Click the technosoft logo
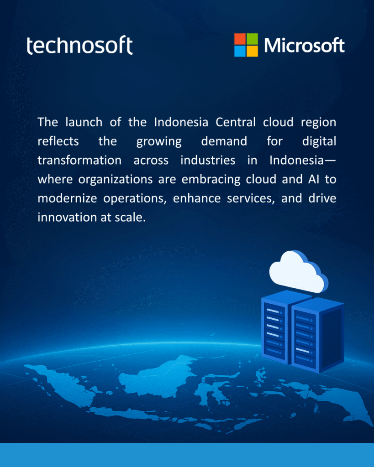tap(79, 45)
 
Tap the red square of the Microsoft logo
tap(240, 39)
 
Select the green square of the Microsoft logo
tap(253, 39)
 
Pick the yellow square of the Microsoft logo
tap(253, 51)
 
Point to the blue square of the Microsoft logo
tap(240, 51)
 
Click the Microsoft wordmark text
tap(304, 45)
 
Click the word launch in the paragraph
tap(84, 122)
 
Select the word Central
tap(236, 122)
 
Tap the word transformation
tap(79, 160)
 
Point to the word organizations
tap(116, 180)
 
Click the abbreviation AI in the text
tap(314, 179)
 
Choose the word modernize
tap(67, 198)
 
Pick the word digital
tap(319, 141)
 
